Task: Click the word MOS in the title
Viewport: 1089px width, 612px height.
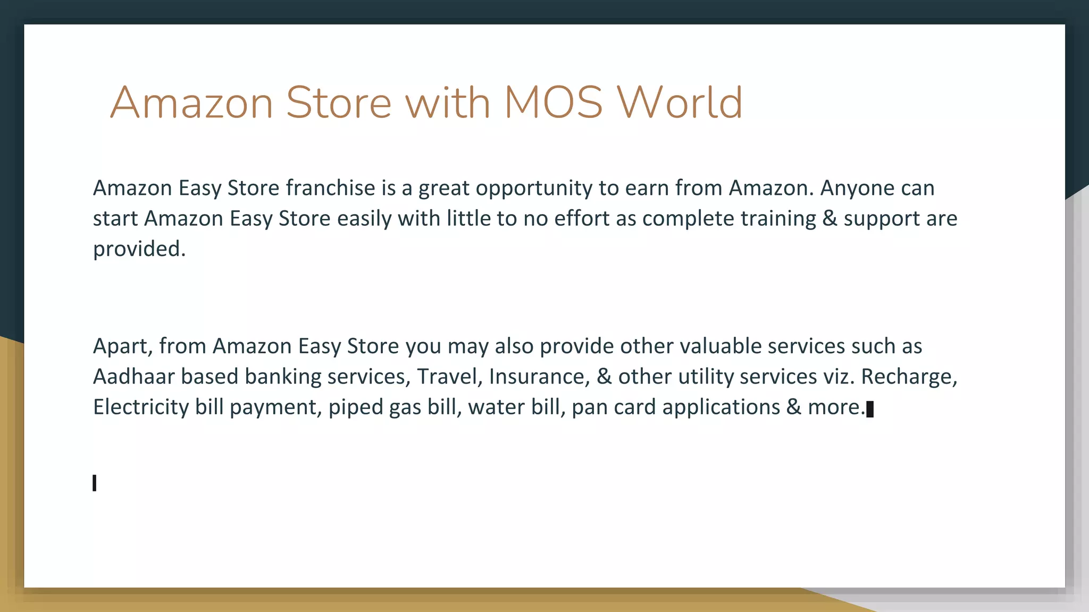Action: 553,103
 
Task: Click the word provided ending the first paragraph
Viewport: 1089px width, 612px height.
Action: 138,249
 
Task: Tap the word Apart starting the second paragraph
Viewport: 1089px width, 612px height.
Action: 123,346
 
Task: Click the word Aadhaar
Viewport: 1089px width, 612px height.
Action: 134,377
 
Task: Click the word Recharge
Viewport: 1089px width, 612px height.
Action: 909,377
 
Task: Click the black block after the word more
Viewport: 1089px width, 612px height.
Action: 870,410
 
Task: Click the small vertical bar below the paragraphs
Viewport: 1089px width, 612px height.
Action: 95,483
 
